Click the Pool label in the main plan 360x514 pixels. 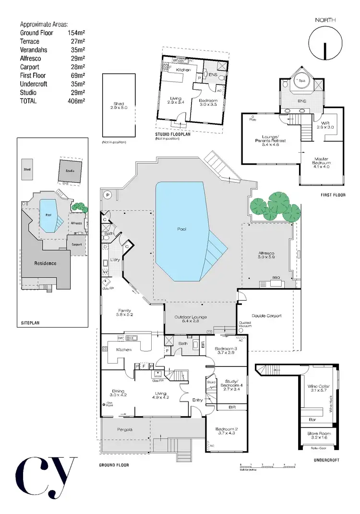coord(181,229)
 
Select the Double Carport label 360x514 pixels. coord(266,316)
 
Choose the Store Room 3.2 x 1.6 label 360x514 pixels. coord(318,436)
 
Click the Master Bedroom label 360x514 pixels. coord(321,161)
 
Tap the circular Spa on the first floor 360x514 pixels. coord(302,81)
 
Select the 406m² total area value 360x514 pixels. coord(76,101)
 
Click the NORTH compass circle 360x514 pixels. coord(325,44)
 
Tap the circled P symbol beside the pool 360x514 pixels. coord(106,195)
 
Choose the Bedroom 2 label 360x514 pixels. coord(226,431)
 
